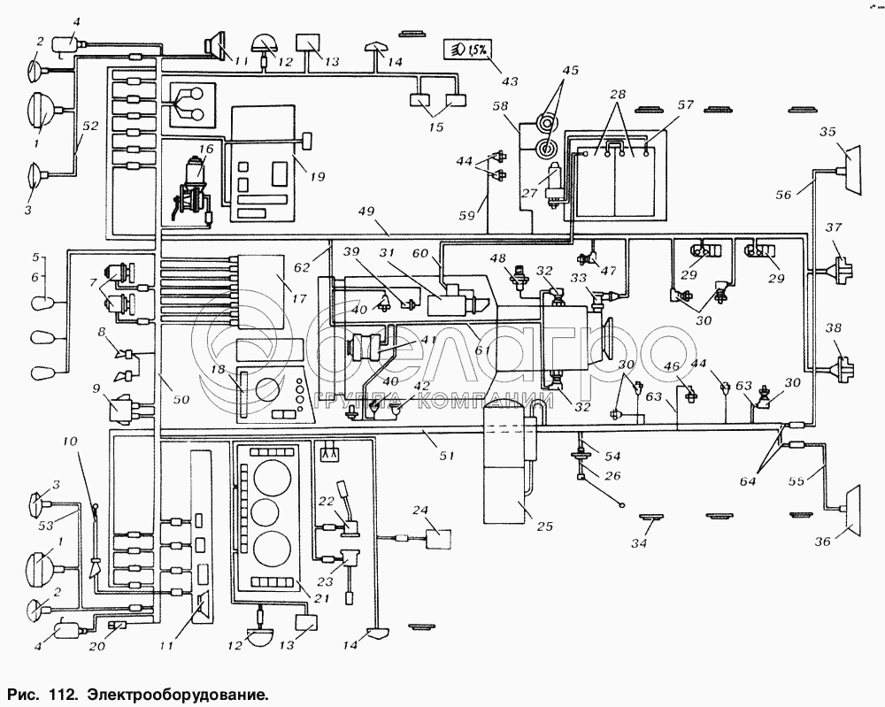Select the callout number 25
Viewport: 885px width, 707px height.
coord(544,526)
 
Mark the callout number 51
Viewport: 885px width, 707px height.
coord(447,456)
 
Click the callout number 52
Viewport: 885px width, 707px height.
coord(89,127)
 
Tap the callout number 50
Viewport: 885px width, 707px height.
coord(180,400)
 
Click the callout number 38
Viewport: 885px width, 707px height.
coord(834,327)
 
